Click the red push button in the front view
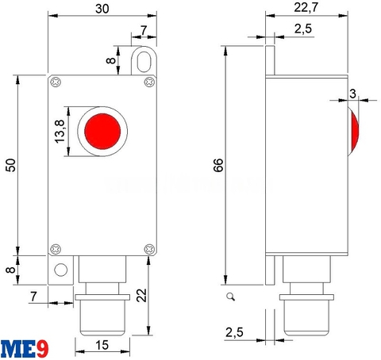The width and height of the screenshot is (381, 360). (101, 128)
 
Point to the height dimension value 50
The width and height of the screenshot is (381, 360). (10, 164)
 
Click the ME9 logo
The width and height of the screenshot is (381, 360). (24, 347)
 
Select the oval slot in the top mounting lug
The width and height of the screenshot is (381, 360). (143, 61)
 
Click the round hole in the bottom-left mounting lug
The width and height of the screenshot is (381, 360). (60, 270)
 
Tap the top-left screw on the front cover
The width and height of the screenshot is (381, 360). (56, 82)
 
